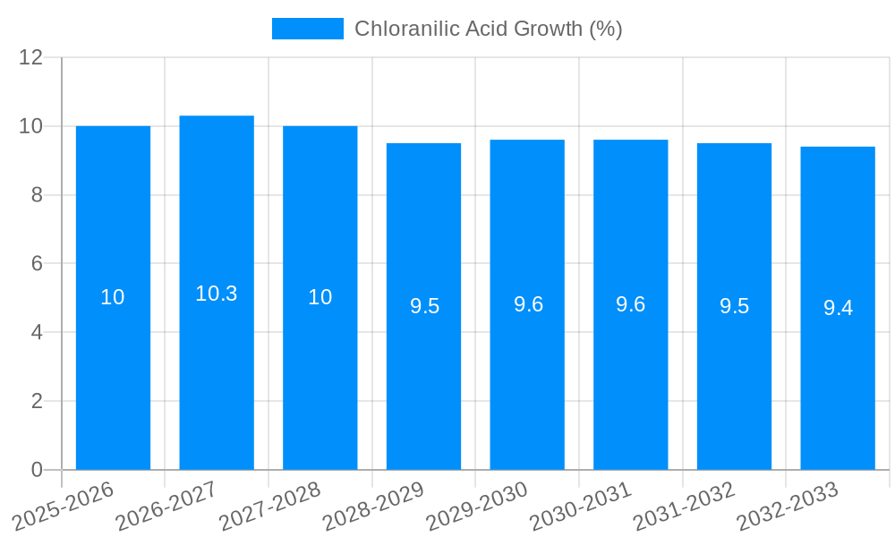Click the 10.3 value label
(217, 294)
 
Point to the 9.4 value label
(838, 308)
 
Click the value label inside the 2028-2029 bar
(424, 306)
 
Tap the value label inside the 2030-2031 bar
(631, 304)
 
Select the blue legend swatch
(307, 29)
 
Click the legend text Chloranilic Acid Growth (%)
(488, 29)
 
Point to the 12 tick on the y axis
(31, 57)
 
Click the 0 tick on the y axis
(37, 470)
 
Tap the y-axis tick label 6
(37, 264)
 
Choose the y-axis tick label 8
(37, 195)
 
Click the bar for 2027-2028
(320, 376)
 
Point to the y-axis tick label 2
(37, 401)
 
